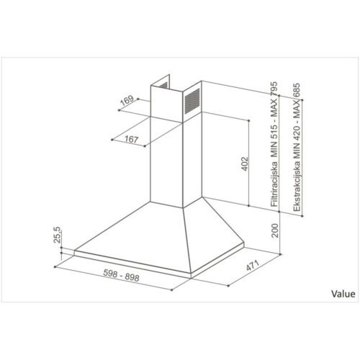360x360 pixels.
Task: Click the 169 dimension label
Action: (127, 101)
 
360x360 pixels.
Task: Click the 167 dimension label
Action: (132, 139)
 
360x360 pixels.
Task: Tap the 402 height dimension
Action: (245, 164)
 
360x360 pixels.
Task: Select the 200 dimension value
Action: (274, 230)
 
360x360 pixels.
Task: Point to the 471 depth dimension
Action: (253, 266)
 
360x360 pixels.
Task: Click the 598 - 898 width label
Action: (121, 275)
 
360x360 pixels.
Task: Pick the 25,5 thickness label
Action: (58, 235)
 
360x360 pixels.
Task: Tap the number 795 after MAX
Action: (274, 89)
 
